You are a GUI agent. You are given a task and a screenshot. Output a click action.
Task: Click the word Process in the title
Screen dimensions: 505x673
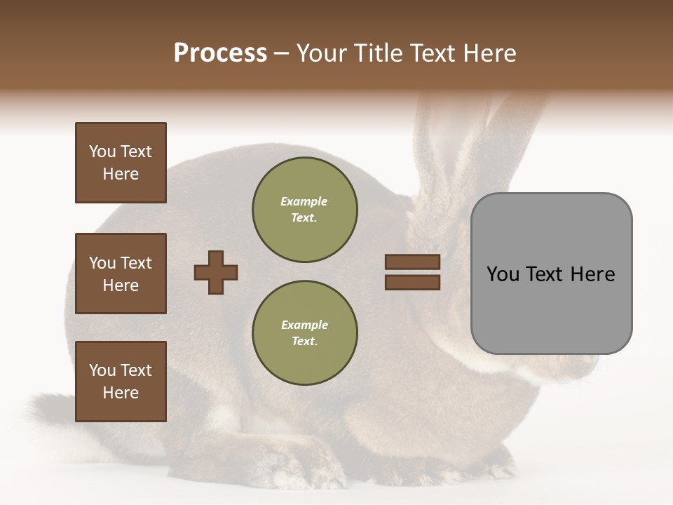[x=220, y=53]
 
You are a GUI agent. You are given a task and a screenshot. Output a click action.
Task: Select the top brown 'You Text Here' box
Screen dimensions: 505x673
[x=121, y=163]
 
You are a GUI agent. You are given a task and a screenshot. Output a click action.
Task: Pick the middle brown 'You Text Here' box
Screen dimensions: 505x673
[x=121, y=274]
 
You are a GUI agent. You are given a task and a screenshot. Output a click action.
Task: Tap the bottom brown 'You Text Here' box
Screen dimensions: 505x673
[x=121, y=382]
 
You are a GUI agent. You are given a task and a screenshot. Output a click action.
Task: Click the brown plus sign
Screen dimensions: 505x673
[x=216, y=272]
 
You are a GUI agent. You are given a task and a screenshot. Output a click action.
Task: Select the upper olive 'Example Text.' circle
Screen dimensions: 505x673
[x=304, y=209]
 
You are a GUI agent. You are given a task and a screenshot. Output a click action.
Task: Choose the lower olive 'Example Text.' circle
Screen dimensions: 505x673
[x=304, y=332]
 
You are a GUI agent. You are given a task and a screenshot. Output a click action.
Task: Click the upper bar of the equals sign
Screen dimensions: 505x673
[x=412, y=262]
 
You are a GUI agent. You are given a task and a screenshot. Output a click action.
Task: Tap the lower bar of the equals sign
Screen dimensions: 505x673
[x=412, y=282]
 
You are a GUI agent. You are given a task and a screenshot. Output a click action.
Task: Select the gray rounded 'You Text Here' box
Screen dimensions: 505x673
[x=551, y=274]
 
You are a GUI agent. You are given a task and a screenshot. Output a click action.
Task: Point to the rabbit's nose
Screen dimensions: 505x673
[x=596, y=365]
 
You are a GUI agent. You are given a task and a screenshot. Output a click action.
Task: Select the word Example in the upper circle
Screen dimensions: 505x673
[x=304, y=201]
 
